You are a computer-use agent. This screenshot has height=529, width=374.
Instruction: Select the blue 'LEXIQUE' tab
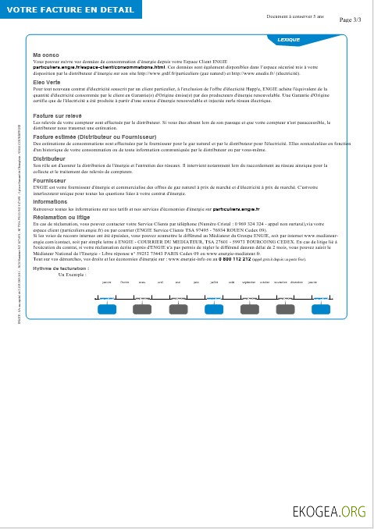[289, 38]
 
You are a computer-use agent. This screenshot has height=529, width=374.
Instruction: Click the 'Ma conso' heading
[45, 55]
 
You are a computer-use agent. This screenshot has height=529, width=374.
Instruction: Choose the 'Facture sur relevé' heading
[57, 115]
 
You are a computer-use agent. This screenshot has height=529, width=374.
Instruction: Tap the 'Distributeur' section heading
[49, 158]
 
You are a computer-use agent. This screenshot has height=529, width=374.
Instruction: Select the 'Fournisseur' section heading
[49, 180]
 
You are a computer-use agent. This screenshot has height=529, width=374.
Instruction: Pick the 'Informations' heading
[50, 201]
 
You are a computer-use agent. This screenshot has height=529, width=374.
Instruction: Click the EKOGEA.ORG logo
[329, 512]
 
